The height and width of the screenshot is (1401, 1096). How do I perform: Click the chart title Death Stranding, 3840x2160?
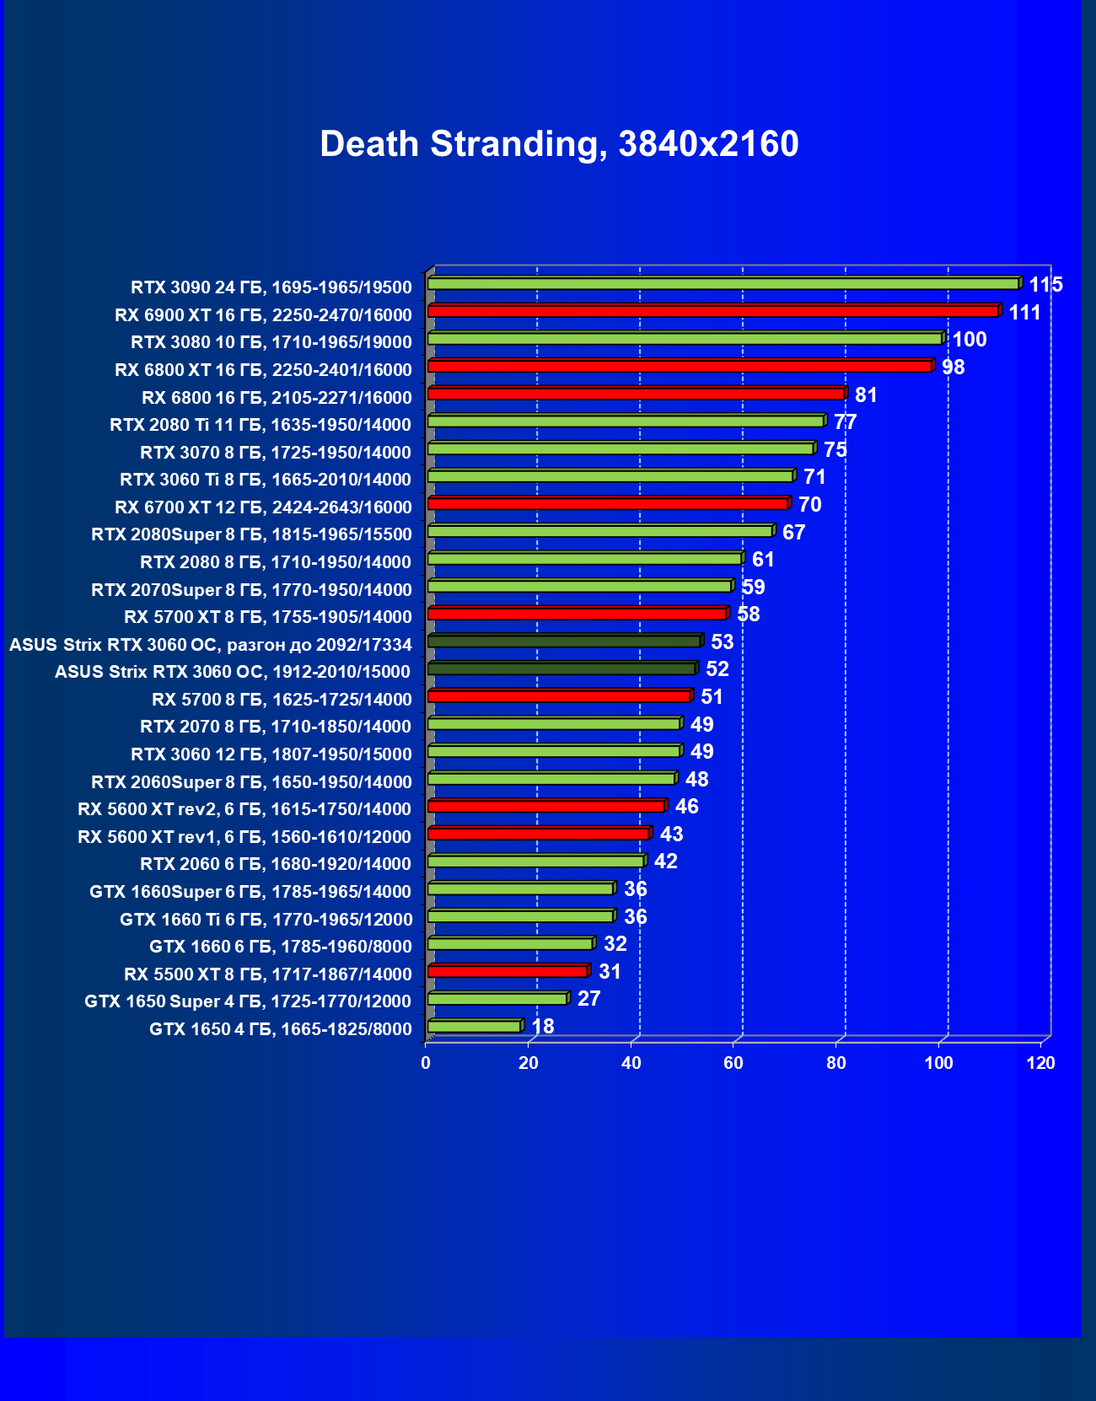tap(559, 144)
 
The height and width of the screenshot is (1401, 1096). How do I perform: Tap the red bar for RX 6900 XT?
tap(712, 311)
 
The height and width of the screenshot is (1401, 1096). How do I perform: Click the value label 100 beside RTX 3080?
tap(969, 340)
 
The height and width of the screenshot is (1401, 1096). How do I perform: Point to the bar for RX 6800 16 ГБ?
tap(636, 394)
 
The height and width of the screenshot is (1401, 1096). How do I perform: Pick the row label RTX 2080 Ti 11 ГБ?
tap(260, 425)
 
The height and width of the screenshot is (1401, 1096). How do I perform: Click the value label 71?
tap(814, 477)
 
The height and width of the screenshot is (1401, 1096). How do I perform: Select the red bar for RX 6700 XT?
tap(608, 503)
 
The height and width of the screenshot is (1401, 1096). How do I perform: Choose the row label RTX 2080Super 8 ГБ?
tap(251, 534)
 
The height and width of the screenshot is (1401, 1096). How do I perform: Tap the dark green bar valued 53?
tap(564, 641)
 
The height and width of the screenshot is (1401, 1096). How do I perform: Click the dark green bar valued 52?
tap(561, 668)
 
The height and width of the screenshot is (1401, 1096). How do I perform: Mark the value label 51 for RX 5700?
tap(712, 697)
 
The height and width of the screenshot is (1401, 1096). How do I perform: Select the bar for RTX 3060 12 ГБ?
tap(554, 751)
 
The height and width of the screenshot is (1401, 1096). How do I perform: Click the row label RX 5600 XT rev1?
tap(244, 837)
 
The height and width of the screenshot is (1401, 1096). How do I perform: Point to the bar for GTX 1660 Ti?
tap(520, 916)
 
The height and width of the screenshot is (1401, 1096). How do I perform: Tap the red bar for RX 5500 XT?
tap(508, 971)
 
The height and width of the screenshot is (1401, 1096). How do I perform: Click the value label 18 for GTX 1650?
tap(543, 1026)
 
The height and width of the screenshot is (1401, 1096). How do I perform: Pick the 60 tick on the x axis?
tap(733, 1063)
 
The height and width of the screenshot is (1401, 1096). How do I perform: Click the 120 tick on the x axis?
tap(1040, 1063)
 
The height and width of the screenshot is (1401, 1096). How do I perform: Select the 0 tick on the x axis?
tap(426, 1063)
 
